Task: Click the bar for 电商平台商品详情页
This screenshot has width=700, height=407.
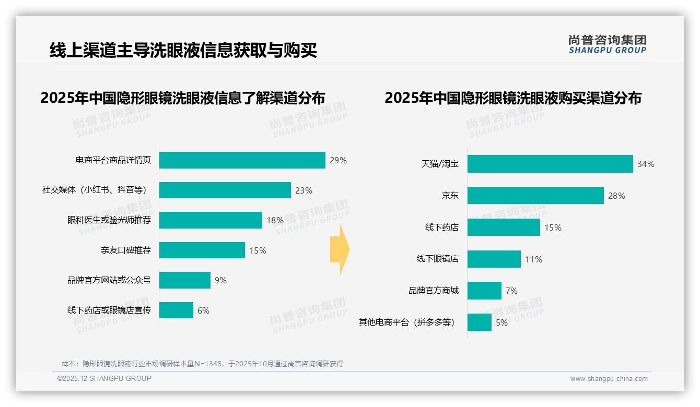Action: pos(242,160)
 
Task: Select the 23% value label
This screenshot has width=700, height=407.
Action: pos(304,190)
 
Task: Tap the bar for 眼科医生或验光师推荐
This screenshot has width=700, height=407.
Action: pos(211,220)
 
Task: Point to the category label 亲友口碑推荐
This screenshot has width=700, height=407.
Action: pos(125,250)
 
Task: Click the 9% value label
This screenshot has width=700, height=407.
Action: pos(220,280)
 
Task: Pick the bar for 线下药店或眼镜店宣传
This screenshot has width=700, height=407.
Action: pos(176,310)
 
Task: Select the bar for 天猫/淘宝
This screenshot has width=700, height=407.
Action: pos(550,164)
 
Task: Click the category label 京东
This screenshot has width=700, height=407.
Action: pos(450,196)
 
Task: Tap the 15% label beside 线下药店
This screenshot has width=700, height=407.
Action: pos(553,228)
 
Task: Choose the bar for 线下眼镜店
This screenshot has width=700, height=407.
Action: pos(494,259)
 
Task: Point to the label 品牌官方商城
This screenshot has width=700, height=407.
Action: pos(433,290)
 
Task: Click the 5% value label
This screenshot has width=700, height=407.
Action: pos(501,322)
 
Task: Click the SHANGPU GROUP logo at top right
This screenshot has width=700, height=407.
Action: pos(607,44)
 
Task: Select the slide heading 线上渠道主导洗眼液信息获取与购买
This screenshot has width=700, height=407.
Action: pos(183,51)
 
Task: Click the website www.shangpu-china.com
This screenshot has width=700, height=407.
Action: pos(609,379)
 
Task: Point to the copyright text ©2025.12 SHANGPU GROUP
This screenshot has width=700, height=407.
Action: pos(104,378)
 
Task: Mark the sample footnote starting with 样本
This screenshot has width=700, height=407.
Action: pos(202,364)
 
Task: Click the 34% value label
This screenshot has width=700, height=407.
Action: pos(646,164)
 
